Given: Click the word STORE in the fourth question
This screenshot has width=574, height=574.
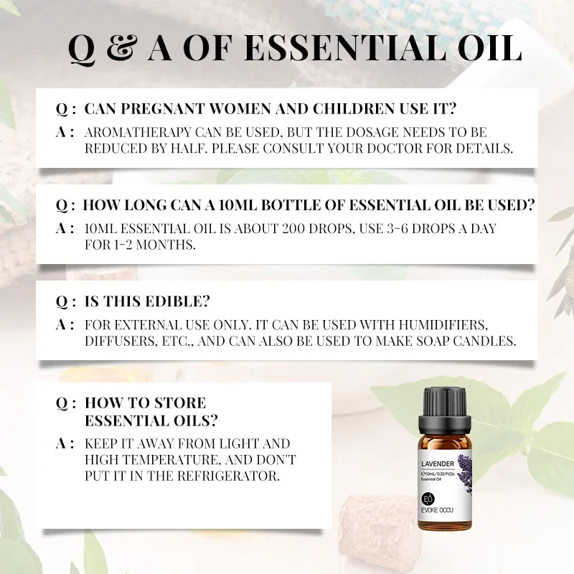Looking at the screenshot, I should pos(179,403).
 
